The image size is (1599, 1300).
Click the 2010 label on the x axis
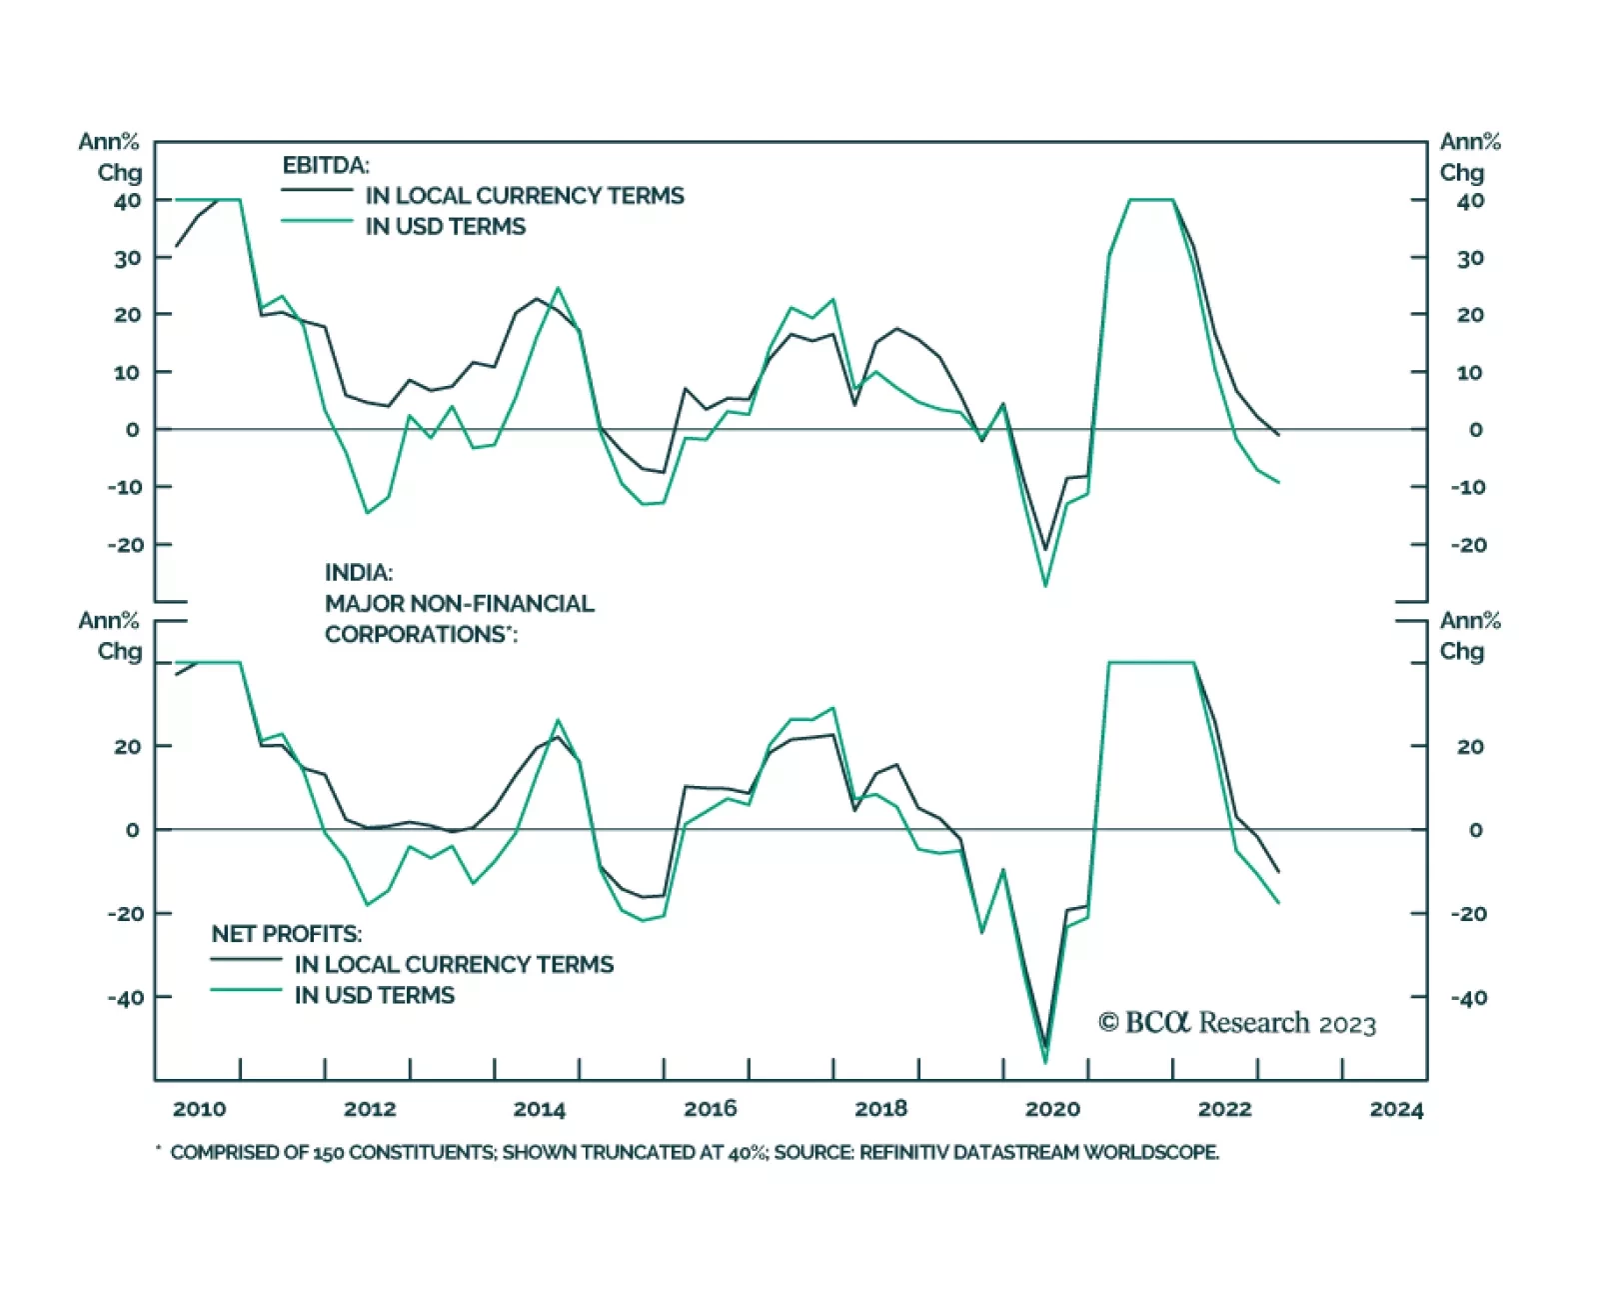(x=199, y=1108)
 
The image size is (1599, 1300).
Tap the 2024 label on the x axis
(x=1396, y=1108)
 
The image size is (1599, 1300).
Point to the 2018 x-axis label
(x=880, y=1108)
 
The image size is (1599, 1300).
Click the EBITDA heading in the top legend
(x=326, y=165)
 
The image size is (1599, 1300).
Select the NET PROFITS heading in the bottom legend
(x=287, y=933)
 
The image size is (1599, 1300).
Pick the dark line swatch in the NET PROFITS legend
(x=246, y=960)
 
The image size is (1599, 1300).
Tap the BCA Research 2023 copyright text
(x=1237, y=1023)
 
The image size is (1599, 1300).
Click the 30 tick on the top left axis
(x=127, y=258)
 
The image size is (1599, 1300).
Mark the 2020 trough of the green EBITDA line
(x=1045, y=586)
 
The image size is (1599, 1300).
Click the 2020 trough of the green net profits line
(x=1045, y=1063)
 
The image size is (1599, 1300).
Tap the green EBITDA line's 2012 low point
(x=367, y=513)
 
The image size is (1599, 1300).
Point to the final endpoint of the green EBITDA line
(x=1278, y=482)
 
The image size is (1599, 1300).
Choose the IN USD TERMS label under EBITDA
(x=445, y=226)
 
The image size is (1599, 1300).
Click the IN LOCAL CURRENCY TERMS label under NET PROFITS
(x=454, y=964)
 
